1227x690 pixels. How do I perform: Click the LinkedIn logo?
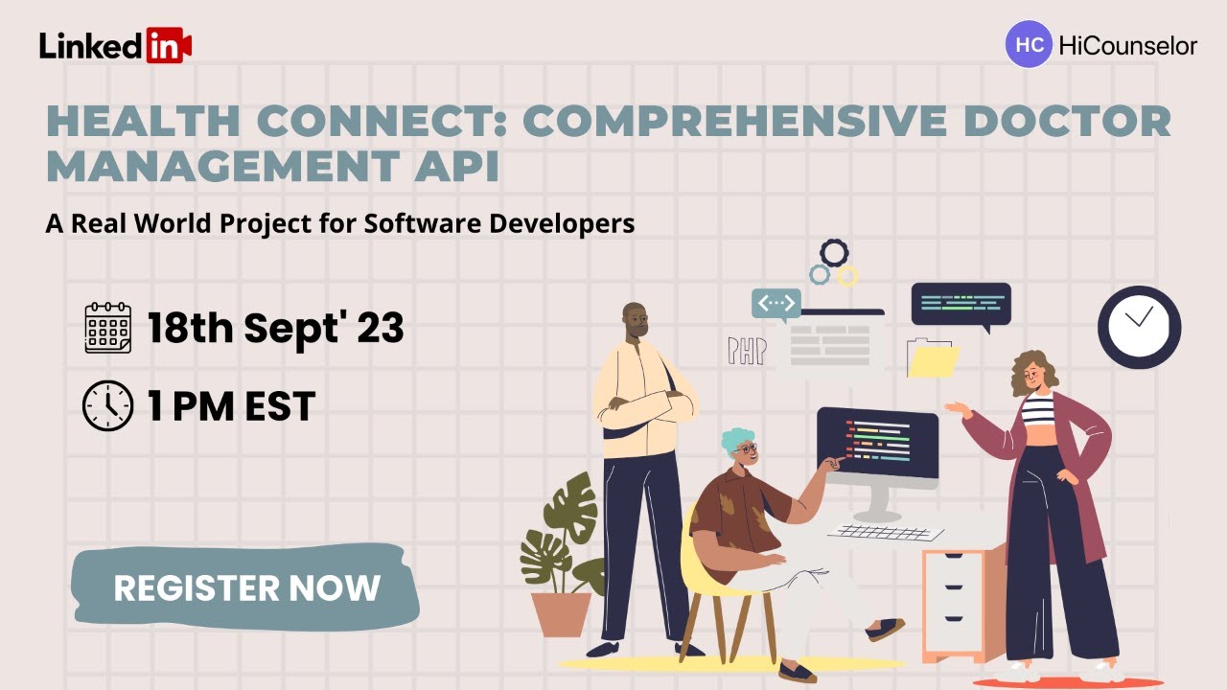point(115,45)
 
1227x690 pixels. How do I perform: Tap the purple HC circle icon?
point(1029,44)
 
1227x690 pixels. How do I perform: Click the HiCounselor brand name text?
point(1128,45)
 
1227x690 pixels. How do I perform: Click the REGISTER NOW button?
point(246,586)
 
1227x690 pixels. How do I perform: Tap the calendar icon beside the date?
point(107,328)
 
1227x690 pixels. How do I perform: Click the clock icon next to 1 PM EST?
point(107,406)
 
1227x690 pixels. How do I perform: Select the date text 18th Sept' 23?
point(275,328)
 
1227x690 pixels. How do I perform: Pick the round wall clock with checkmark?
point(1139,327)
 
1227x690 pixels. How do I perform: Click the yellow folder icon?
point(934,360)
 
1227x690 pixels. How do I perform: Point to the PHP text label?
point(747,351)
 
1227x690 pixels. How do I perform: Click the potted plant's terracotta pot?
point(562,613)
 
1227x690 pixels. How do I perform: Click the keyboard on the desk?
point(885,533)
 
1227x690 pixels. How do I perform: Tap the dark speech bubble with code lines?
point(961,305)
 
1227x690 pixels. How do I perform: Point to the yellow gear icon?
point(847,276)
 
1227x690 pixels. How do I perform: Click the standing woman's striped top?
point(1037,410)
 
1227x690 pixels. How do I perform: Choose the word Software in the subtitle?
point(426,223)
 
